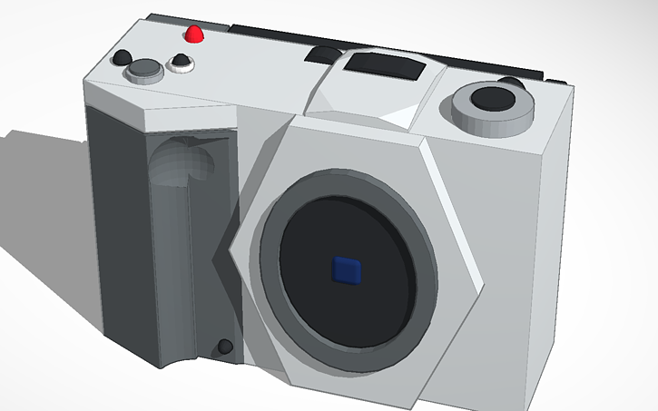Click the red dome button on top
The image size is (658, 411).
click(193, 35)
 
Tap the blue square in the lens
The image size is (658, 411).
click(347, 269)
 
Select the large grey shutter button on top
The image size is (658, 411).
click(143, 70)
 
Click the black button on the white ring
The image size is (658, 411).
click(181, 62)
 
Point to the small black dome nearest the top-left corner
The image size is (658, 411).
click(120, 59)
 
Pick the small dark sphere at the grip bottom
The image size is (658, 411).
click(223, 347)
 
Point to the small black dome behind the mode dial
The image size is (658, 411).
click(512, 83)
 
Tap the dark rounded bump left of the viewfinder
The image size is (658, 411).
click(320, 55)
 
